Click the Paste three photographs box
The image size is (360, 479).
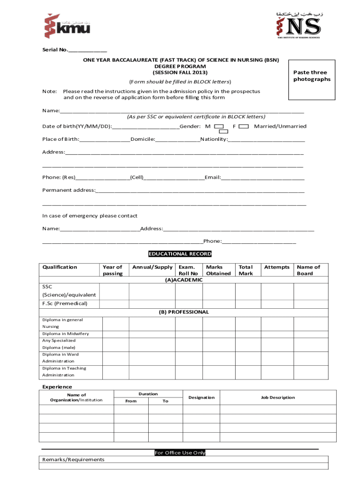coord(312,80)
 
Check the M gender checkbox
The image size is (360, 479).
coord(218,126)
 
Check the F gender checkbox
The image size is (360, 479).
coord(243,126)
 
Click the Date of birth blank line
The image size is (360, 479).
coord(145,127)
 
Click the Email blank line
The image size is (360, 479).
coord(263,178)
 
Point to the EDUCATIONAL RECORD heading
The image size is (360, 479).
coord(180,254)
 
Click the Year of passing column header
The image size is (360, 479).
coord(113,270)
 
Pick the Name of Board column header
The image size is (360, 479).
coord(308,270)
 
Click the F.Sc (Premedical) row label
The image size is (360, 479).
coord(65,304)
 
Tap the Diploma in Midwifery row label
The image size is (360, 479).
coord(65,334)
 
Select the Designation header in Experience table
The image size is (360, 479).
coord(202,398)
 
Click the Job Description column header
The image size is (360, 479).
coord(278,398)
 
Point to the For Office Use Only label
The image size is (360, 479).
coord(180,453)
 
